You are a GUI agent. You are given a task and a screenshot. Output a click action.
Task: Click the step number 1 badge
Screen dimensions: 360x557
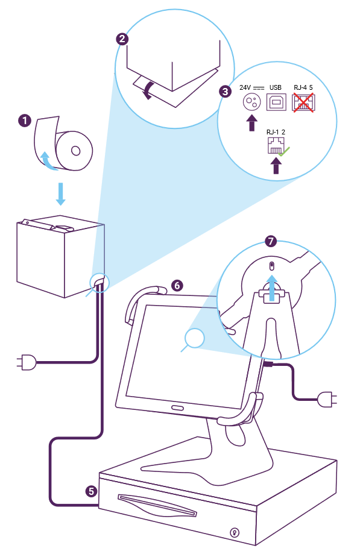click(x=25, y=121)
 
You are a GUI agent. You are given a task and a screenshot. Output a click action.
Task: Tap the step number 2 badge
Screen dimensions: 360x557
click(x=122, y=39)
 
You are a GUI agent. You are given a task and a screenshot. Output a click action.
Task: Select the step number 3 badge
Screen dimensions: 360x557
click(x=225, y=92)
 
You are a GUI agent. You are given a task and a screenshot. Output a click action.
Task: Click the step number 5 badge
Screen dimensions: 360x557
click(x=91, y=491)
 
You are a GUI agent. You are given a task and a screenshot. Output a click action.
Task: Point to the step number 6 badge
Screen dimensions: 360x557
click(x=177, y=285)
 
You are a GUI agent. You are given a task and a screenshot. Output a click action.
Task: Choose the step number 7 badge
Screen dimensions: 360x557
click(x=271, y=241)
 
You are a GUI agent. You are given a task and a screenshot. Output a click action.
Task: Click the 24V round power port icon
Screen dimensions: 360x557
click(x=251, y=102)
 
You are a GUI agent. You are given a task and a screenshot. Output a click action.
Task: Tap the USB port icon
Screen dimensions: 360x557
click(x=276, y=102)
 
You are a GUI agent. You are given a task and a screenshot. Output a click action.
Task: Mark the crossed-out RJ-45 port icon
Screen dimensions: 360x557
click(x=303, y=102)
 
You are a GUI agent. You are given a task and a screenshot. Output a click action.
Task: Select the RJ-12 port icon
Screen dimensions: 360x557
click(x=276, y=146)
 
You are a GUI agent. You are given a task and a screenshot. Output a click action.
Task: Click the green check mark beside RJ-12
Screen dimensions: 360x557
click(x=284, y=152)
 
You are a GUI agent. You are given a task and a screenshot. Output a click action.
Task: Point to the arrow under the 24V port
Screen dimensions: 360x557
click(x=251, y=122)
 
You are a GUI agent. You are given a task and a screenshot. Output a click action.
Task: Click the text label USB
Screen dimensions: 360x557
click(x=276, y=87)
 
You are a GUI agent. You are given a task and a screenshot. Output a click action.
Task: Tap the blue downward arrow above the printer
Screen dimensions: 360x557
click(x=61, y=194)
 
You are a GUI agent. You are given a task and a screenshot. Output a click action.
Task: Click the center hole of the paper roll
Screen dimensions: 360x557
click(x=76, y=151)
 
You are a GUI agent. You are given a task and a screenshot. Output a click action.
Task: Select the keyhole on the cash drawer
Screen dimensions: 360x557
click(x=234, y=532)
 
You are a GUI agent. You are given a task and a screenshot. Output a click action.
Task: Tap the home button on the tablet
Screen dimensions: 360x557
click(x=178, y=408)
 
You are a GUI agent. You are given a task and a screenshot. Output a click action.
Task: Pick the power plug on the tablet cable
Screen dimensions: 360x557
click(x=327, y=399)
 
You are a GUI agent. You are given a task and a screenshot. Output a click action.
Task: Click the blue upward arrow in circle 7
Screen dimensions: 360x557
click(x=272, y=288)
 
